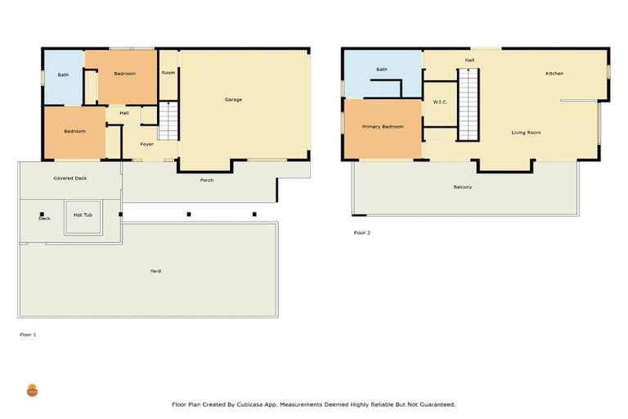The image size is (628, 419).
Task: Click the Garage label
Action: [x=233, y=100]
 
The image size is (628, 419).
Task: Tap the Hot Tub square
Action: [x=83, y=215]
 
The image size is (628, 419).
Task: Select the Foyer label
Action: [x=146, y=144]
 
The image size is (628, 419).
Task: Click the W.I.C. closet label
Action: [x=439, y=101]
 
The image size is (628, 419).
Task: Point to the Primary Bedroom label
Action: [x=383, y=127]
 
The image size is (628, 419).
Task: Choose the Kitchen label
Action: [x=554, y=74]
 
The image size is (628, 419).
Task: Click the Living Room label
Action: [x=526, y=133]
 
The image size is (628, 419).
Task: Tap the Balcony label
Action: [x=462, y=187]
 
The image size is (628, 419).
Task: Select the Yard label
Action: [x=155, y=271]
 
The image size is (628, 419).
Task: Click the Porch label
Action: [x=207, y=180]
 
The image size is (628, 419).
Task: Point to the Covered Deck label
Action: [x=70, y=178]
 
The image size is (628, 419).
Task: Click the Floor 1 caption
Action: [x=28, y=334]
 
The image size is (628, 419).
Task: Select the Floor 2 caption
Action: [x=361, y=232]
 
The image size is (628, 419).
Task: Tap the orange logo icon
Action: [x=33, y=390]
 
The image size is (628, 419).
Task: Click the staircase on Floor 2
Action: [x=468, y=105]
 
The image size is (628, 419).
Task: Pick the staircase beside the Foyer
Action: [x=168, y=119]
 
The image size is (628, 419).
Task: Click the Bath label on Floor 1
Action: [x=63, y=75]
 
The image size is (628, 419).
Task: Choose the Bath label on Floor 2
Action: [x=381, y=70]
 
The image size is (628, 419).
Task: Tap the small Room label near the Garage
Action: [x=168, y=73]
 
